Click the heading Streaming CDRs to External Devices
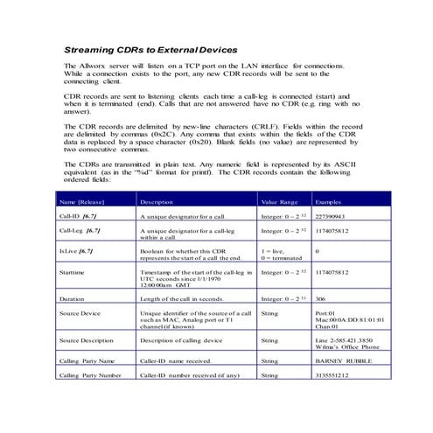pyautogui.click(x=150, y=51)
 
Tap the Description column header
pyautogui.click(x=157, y=201)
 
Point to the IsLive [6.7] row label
pyautogui.click(x=77, y=251)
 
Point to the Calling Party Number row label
pyautogui.click(x=90, y=374)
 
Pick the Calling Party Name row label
pyautogui.click(x=87, y=360)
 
